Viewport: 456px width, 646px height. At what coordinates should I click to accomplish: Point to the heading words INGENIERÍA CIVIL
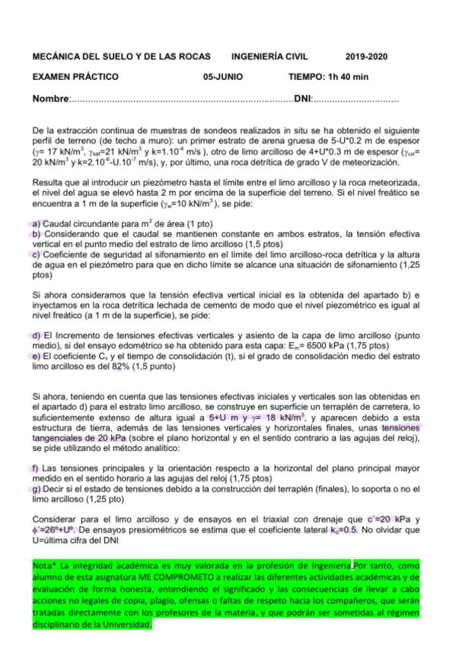tap(273, 57)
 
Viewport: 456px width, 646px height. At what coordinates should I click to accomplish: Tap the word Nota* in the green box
tap(45, 567)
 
